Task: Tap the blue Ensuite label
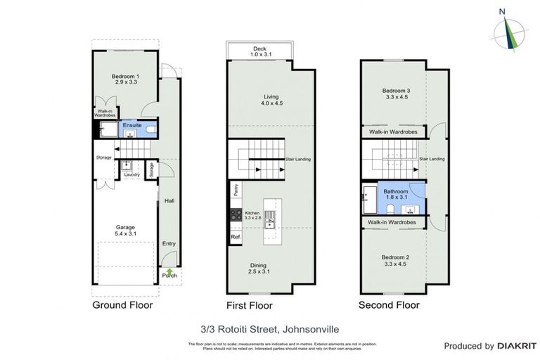(131, 125)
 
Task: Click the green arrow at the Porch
(169, 271)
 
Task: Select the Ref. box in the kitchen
(235, 237)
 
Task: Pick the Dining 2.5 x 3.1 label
(257, 269)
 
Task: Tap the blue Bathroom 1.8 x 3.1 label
(394, 195)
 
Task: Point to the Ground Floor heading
(122, 305)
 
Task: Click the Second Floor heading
(388, 305)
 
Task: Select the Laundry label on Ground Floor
(132, 174)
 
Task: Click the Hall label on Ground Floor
(169, 200)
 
